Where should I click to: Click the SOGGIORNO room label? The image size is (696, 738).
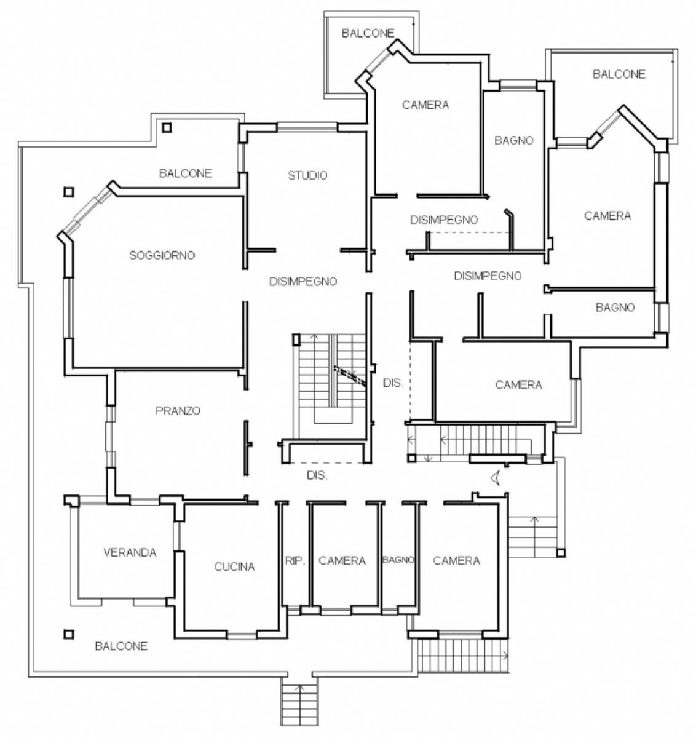[x=162, y=255]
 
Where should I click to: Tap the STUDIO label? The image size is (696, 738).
[x=307, y=175]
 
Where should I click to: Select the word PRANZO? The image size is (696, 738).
[x=178, y=411]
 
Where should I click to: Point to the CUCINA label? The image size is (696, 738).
[x=234, y=566]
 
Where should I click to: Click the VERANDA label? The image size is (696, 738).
[x=130, y=552]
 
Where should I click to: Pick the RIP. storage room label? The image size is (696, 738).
[x=295, y=561]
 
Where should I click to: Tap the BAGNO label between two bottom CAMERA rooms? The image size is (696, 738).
[x=398, y=560]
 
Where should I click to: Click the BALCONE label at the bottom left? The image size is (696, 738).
[x=121, y=646]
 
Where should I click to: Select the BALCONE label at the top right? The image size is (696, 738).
[x=619, y=74]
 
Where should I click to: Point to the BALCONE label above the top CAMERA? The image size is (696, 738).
[x=368, y=33]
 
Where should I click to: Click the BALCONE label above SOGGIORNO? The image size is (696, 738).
[x=185, y=173]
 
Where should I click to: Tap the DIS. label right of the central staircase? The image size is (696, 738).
[x=393, y=383]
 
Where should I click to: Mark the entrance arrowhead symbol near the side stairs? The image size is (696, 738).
[x=496, y=478]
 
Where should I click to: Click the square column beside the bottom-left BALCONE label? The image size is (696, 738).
[x=69, y=634]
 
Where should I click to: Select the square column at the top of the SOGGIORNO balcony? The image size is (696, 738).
[x=167, y=128]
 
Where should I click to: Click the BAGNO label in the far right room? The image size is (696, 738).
[x=615, y=307]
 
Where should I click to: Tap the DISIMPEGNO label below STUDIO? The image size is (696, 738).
[x=303, y=282]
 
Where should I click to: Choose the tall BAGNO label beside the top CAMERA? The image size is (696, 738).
[x=514, y=140]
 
